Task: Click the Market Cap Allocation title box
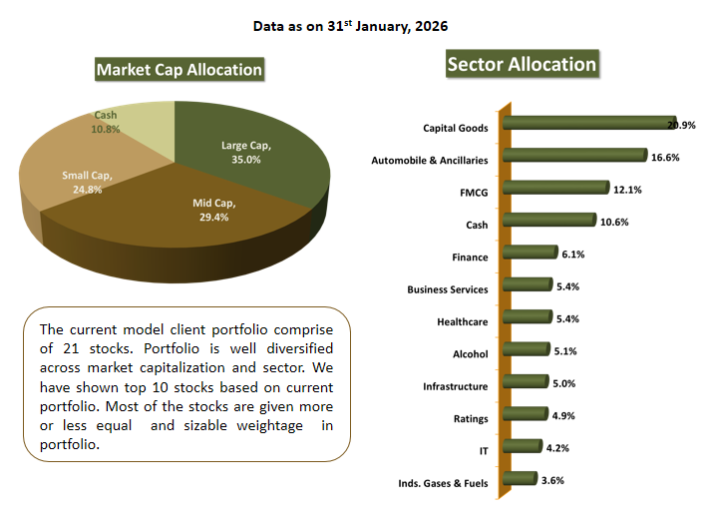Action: click(179, 69)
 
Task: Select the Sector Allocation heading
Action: click(522, 65)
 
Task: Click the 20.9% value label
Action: click(682, 125)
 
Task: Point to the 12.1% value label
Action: click(627, 190)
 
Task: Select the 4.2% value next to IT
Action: click(554, 447)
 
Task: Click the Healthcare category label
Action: click(463, 322)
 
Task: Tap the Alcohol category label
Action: click(471, 354)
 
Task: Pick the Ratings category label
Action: click(470, 419)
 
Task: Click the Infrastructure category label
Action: click(456, 386)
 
